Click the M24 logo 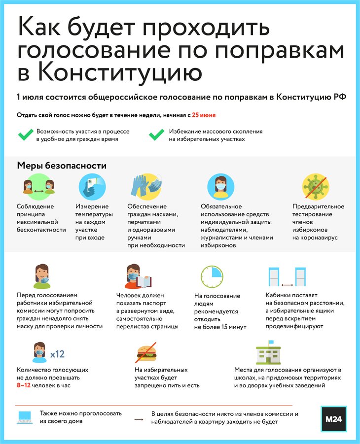[x=333, y=418]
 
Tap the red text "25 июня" [x=204, y=115]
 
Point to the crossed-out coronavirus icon [x=315, y=186]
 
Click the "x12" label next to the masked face [x=57, y=353]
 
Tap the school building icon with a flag [x=268, y=352]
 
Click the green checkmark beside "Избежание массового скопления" [x=156, y=135]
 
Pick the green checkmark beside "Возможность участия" [x=25, y=135]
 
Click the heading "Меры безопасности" [x=62, y=166]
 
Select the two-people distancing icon [x=38, y=186]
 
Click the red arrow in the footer [x=139, y=420]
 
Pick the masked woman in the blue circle [x=220, y=186]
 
